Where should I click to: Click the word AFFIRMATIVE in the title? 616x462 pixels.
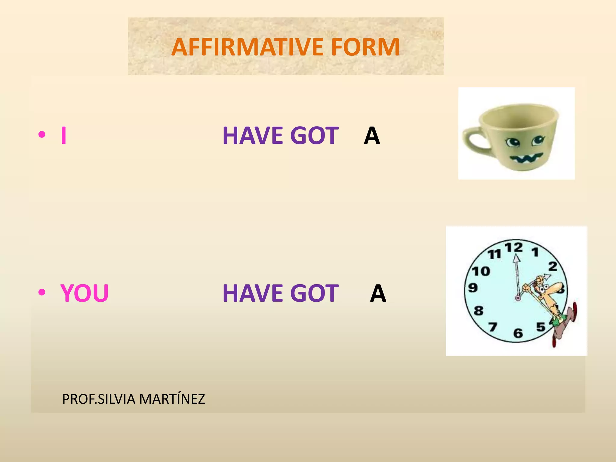coord(247,47)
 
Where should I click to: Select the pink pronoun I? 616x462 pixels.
coord(63,136)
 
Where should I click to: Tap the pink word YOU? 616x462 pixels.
coord(85,293)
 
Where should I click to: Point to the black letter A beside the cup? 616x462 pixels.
coord(372,136)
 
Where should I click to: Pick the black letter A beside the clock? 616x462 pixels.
coord(378,293)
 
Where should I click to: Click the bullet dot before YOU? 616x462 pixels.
coord(42,292)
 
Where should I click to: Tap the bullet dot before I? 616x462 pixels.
coord(42,134)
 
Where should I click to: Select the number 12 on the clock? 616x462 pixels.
coord(514,248)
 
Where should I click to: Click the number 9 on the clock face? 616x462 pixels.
coord(473,288)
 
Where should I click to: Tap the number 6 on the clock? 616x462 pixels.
coord(518,333)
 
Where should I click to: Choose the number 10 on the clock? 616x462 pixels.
coord(481,271)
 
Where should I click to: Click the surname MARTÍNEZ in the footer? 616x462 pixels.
coord(172,399)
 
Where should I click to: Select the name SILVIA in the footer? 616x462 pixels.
coord(117,399)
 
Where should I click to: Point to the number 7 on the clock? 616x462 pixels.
coord(492,327)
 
